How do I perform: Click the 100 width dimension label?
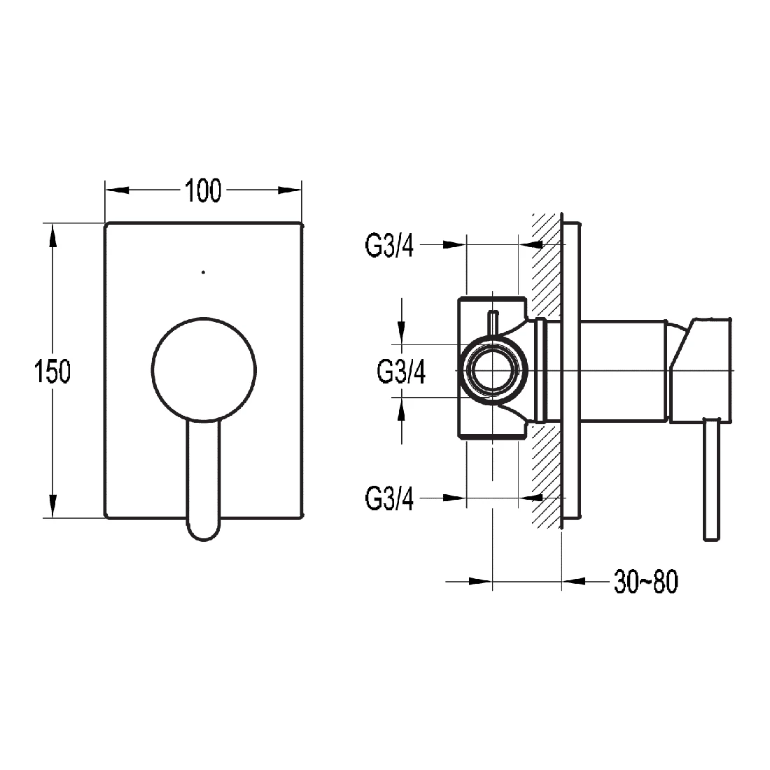(x=203, y=190)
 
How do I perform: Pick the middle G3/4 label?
(x=401, y=372)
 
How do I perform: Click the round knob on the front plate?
(x=204, y=370)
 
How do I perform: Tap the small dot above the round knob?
(x=203, y=271)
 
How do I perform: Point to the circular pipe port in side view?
(x=494, y=370)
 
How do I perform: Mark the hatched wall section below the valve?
(x=546, y=476)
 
